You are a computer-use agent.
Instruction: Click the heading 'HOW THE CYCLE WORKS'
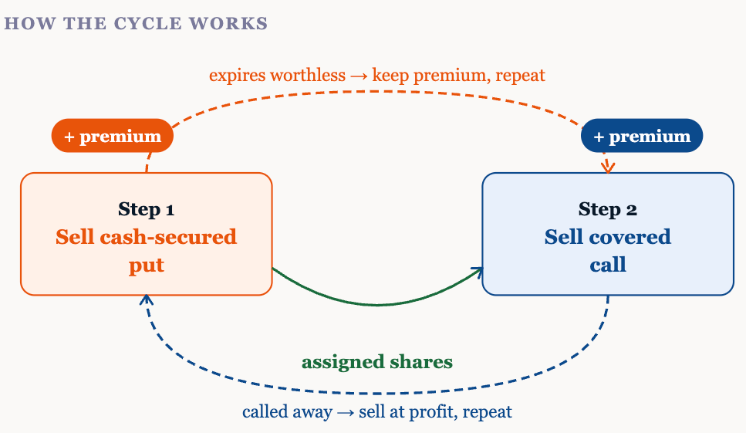(136, 23)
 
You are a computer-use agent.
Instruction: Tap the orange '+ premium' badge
(113, 137)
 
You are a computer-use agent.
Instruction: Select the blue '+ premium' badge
(642, 137)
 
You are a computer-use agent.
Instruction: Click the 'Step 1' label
(146, 209)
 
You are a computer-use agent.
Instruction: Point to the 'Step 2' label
(608, 209)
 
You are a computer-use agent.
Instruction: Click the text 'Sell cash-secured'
(146, 237)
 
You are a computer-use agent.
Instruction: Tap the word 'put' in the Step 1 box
(146, 265)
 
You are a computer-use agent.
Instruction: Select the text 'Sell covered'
(608, 237)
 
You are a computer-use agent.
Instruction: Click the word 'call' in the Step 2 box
(608, 265)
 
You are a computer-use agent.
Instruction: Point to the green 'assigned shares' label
(376, 362)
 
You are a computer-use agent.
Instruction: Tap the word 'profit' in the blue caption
(434, 411)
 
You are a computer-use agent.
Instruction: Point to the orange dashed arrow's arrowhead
(609, 167)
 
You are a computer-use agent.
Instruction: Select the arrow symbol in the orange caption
(359, 76)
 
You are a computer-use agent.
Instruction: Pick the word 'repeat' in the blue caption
(489, 411)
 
